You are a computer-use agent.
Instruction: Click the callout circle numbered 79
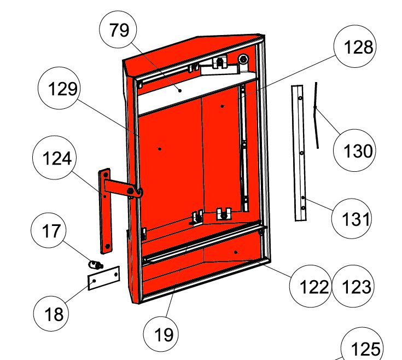118,30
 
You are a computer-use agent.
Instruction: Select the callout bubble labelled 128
355,46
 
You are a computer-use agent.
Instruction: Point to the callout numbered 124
55,158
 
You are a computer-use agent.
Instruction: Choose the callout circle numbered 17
49,230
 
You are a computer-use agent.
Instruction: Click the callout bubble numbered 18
51,313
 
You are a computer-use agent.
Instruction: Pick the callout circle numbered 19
161,334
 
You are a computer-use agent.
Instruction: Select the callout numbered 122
311,286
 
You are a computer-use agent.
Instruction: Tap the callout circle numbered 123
353,286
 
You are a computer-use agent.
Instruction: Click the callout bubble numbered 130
354,150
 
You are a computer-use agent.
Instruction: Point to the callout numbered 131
352,219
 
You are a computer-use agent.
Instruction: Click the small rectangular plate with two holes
104,278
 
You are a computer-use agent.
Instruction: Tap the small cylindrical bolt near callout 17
95,264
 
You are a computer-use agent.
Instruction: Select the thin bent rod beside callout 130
316,115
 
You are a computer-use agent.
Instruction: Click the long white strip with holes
299,153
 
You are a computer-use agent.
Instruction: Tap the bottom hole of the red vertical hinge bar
108,246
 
